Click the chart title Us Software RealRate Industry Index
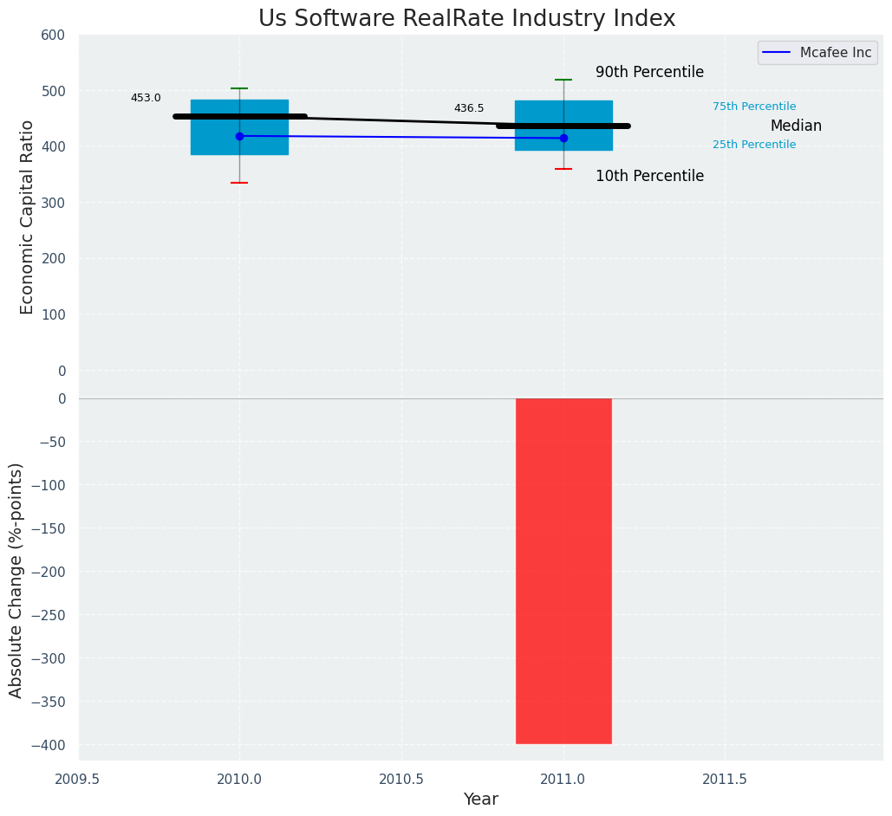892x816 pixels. click(466, 19)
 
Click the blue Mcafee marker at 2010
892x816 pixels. click(239, 136)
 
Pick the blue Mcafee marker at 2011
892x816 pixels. click(563, 138)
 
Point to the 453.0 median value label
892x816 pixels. click(146, 98)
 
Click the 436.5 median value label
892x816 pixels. click(469, 108)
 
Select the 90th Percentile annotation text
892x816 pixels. click(649, 73)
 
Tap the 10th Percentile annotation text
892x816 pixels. click(649, 177)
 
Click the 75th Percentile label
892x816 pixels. click(754, 107)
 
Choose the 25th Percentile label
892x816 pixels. click(754, 145)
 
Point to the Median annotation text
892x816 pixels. click(796, 126)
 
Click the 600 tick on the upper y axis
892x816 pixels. click(53, 36)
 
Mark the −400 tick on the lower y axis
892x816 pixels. click(49, 745)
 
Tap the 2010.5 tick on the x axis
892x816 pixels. click(401, 779)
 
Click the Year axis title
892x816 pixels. click(480, 800)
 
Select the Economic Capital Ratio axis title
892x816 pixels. click(27, 217)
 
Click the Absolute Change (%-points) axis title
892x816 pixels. click(16, 580)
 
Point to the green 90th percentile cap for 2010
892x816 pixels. click(239, 88)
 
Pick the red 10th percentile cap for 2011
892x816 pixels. click(563, 169)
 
